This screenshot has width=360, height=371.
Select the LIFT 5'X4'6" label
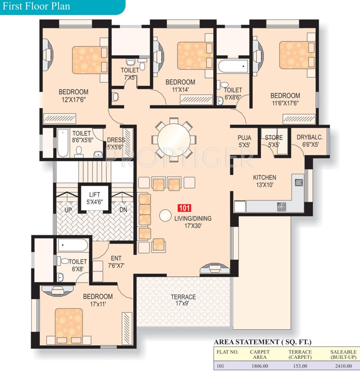(93, 198)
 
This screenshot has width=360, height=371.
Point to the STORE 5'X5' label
(274, 141)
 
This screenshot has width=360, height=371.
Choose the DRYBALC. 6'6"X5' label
(309, 141)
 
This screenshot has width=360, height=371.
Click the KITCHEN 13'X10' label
(264, 181)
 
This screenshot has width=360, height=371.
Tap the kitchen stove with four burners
(281, 206)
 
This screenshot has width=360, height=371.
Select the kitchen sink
(299, 183)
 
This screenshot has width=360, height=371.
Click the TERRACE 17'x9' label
(183, 300)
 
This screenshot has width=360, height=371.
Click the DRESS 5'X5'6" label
(116, 143)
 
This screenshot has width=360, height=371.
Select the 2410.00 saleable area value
(344, 366)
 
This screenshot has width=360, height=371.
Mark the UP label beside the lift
(69, 210)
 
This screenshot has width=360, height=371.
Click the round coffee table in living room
(166, 215)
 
